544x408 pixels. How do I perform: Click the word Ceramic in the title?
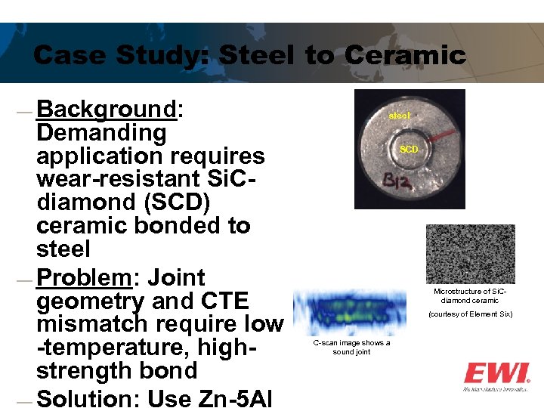[406, 55]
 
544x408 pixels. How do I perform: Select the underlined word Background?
[106, 110]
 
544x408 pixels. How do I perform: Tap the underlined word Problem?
[84, 277]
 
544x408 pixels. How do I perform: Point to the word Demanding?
[101, 133]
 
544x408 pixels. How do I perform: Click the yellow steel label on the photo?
[400, 116]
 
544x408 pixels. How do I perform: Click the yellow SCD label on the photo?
[409, 150]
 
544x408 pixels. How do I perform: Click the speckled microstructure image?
[470, 254]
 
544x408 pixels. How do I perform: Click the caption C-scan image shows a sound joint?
[351, 348]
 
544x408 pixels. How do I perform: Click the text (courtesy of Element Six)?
[470, 314]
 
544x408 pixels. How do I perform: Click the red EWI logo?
[496, 373]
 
